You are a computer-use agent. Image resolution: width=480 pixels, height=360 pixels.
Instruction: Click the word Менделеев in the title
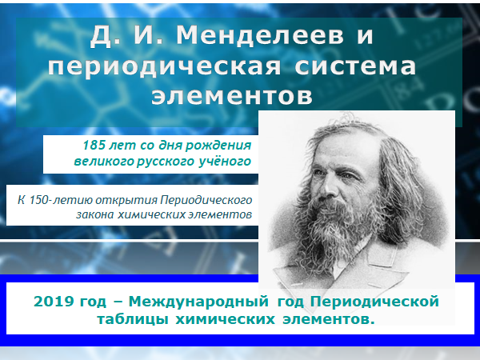point(259,35)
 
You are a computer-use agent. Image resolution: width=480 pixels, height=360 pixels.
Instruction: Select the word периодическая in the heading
point(164,66)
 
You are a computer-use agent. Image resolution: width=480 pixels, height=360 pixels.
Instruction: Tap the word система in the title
point(355,66)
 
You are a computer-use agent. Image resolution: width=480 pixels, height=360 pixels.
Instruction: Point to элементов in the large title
point(232,96)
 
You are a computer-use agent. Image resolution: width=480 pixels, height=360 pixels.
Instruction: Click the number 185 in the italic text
point(94,145)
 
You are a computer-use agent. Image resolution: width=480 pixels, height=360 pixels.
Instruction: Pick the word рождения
point(218,146)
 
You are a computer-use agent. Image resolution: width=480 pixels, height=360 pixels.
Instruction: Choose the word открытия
point(126,200)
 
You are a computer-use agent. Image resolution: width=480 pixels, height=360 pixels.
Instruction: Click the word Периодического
point(206,201)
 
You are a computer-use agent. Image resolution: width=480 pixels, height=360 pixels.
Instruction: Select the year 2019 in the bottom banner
point(54,302)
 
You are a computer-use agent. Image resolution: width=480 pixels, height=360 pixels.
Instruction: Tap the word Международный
point(198,302)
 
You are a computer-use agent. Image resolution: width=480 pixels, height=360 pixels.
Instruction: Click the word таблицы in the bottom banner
point(133,319)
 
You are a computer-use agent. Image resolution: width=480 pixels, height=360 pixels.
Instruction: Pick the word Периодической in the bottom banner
point(374,302)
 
